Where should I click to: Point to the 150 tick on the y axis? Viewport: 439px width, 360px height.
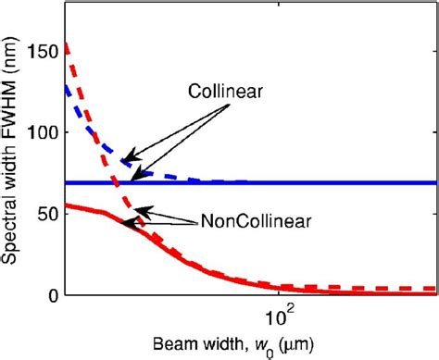(x=47, y=50)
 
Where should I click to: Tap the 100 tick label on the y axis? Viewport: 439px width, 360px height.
(x=47, y=132)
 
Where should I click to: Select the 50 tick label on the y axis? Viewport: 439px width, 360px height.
(x=51, y=214)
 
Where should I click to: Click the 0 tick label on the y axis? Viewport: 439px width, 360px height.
(x=55, y=295)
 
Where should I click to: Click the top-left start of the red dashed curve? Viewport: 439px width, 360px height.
(x=68, y=43)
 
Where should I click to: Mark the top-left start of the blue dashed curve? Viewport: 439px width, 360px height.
(x=68, y=87)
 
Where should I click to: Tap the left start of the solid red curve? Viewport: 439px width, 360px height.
(x=68, y=205)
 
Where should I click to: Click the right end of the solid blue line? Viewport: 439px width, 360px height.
(x=435, y=182)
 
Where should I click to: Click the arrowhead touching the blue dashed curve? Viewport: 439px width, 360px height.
(x=123, y=158)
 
